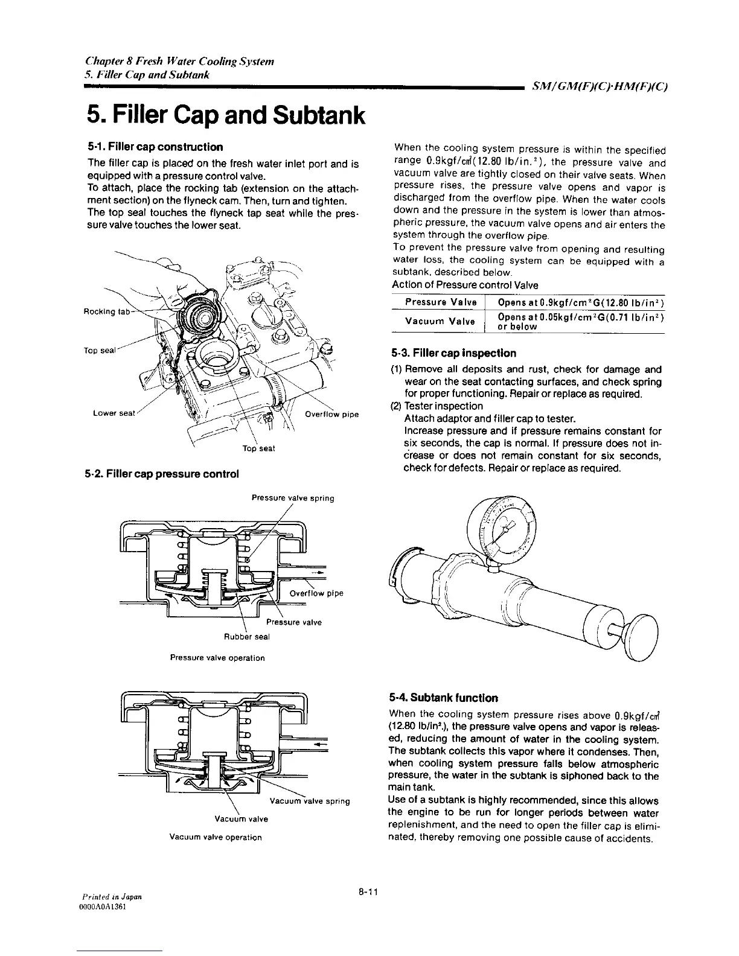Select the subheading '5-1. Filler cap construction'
point(155,147)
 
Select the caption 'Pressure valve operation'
point(217,658)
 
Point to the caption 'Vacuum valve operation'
point(216,837)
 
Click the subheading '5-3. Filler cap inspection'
point(454,353)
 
